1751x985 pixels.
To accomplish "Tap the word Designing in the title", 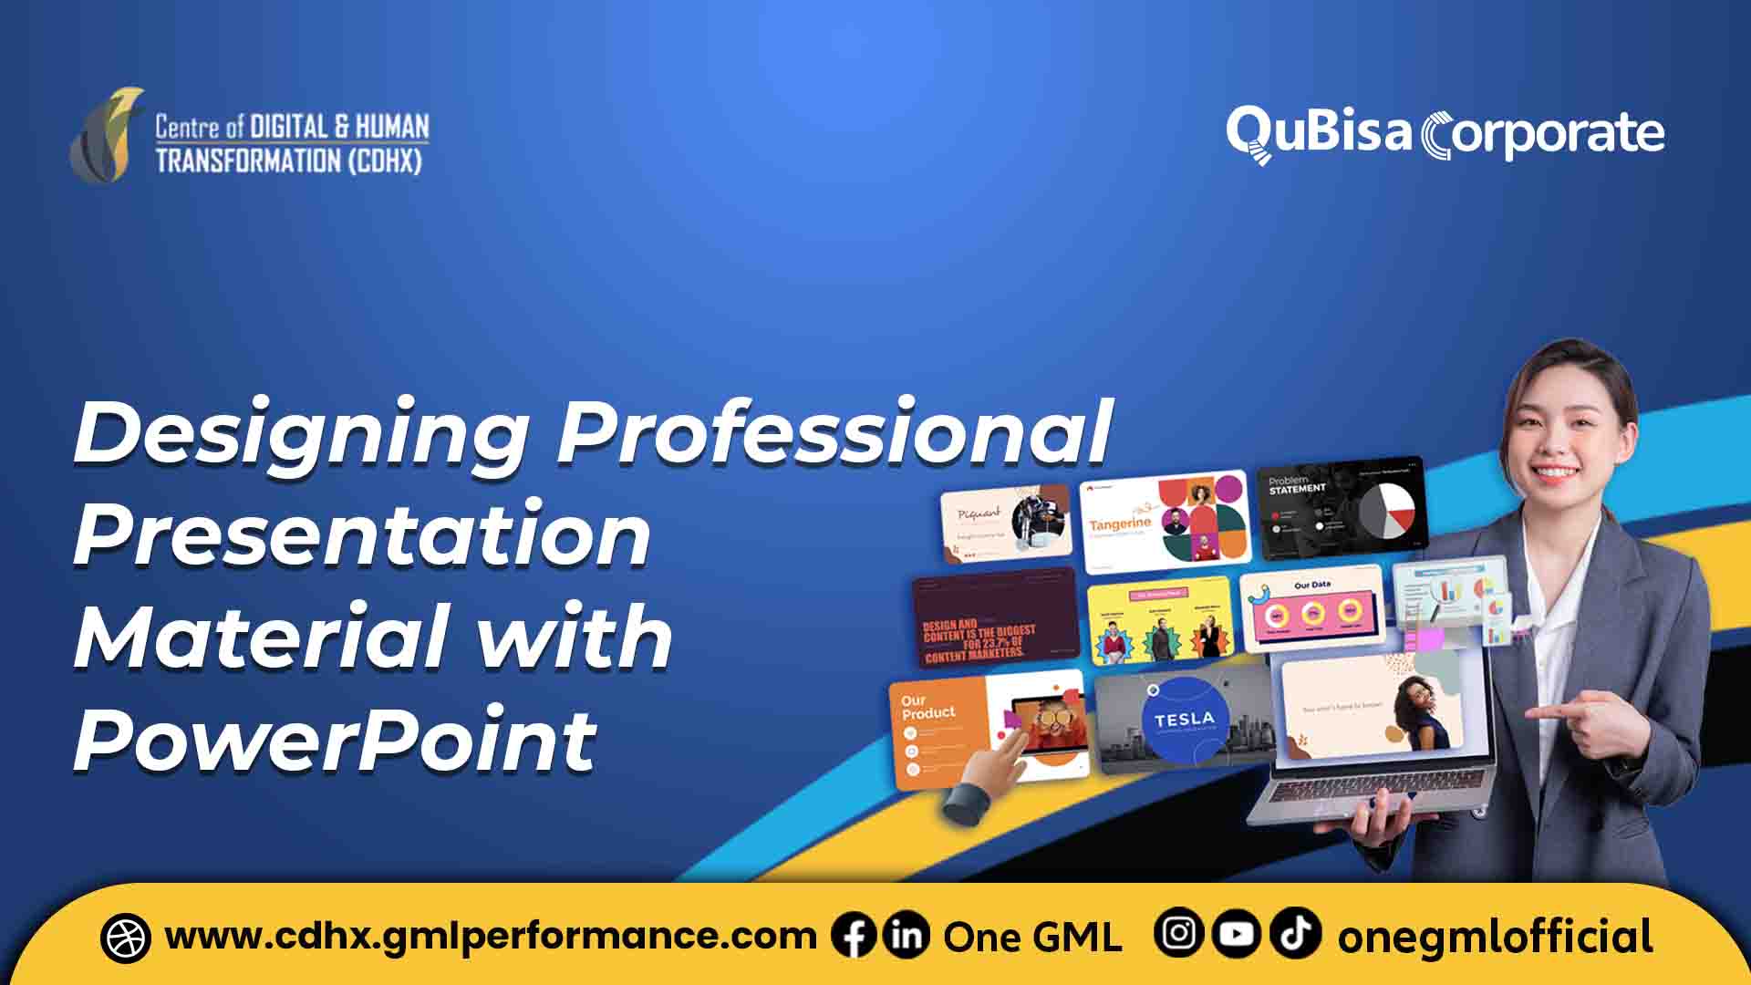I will click(301, 433).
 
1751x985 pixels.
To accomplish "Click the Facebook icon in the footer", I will click(854, 936).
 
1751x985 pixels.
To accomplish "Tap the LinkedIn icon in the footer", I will click(906, 936).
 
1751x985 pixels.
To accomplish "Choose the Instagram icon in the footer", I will click(1178, 934).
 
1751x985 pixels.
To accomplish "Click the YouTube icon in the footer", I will click(1237, 934).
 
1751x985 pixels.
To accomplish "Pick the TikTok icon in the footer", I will click(1295, 934).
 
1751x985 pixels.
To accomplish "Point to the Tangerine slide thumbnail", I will click(1164, 521).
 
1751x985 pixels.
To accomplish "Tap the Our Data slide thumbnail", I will click(1311, 610).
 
